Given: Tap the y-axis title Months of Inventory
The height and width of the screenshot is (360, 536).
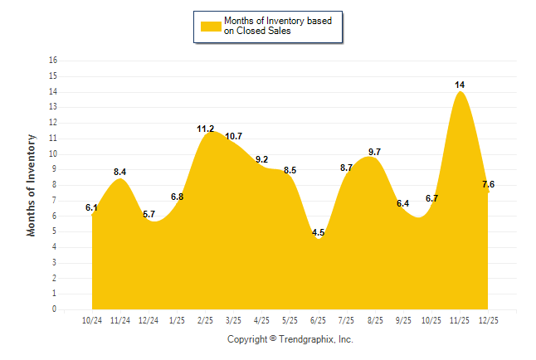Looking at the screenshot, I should coord(32,185).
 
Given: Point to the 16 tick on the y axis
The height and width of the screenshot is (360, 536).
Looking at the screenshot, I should coord(53,61).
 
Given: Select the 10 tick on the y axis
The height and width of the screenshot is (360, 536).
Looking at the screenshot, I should coord(53,154).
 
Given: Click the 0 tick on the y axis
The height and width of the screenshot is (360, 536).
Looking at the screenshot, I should coord(55,309).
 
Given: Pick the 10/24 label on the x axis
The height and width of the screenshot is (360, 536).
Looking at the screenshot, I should coord(92,320).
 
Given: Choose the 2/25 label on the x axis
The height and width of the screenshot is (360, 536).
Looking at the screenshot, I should coord(205,320).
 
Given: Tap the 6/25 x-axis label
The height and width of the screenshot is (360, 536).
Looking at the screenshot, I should coord(318,320).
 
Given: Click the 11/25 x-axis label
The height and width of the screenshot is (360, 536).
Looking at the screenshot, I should coord(459,320).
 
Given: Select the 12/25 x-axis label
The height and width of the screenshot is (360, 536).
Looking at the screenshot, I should coord(487,320).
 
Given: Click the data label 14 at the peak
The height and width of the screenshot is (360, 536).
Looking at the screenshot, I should coord(459,85).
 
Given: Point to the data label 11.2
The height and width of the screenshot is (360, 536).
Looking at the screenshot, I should coord(205,129).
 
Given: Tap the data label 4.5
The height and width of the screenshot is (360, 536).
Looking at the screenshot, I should coord(318,233).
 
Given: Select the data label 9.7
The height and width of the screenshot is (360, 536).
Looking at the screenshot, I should coord(374,152).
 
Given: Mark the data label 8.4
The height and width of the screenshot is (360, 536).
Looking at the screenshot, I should coord(120,172).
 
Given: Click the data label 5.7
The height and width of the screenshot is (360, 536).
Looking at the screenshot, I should coord(149,214).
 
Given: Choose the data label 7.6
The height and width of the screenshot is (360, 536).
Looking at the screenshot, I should coord(490,184).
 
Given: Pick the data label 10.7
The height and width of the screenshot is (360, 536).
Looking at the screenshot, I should coord(233,136).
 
